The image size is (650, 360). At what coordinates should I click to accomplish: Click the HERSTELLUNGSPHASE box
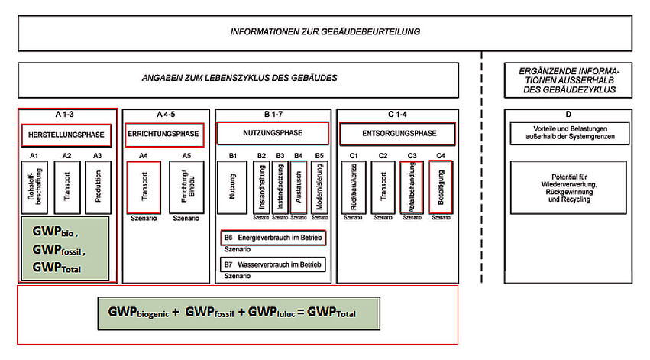coord(67,135)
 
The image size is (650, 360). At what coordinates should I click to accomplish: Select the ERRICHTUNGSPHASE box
coord(163,134)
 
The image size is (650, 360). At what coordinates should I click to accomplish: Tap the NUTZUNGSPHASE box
coord(272,133)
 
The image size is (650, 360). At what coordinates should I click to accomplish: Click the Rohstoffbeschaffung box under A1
coord(34,186)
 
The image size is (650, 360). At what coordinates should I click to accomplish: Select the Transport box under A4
coord(144,186)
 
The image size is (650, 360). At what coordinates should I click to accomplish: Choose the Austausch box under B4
coord(299,186)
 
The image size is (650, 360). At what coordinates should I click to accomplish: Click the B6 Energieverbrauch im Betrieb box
coord(273,238)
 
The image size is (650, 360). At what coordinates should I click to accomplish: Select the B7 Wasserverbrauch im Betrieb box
coord(273,264)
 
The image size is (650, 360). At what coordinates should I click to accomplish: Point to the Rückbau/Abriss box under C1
coord(354,186)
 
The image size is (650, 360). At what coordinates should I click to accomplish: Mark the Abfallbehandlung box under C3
coord(412,186)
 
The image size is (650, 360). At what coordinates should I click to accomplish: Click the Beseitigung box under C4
coord(440,186)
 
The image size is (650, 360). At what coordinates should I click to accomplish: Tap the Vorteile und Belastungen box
coord(568,133)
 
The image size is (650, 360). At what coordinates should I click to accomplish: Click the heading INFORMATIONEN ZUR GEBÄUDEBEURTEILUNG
coord(325,32)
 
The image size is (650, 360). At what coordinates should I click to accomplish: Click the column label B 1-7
coord(272,115)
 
